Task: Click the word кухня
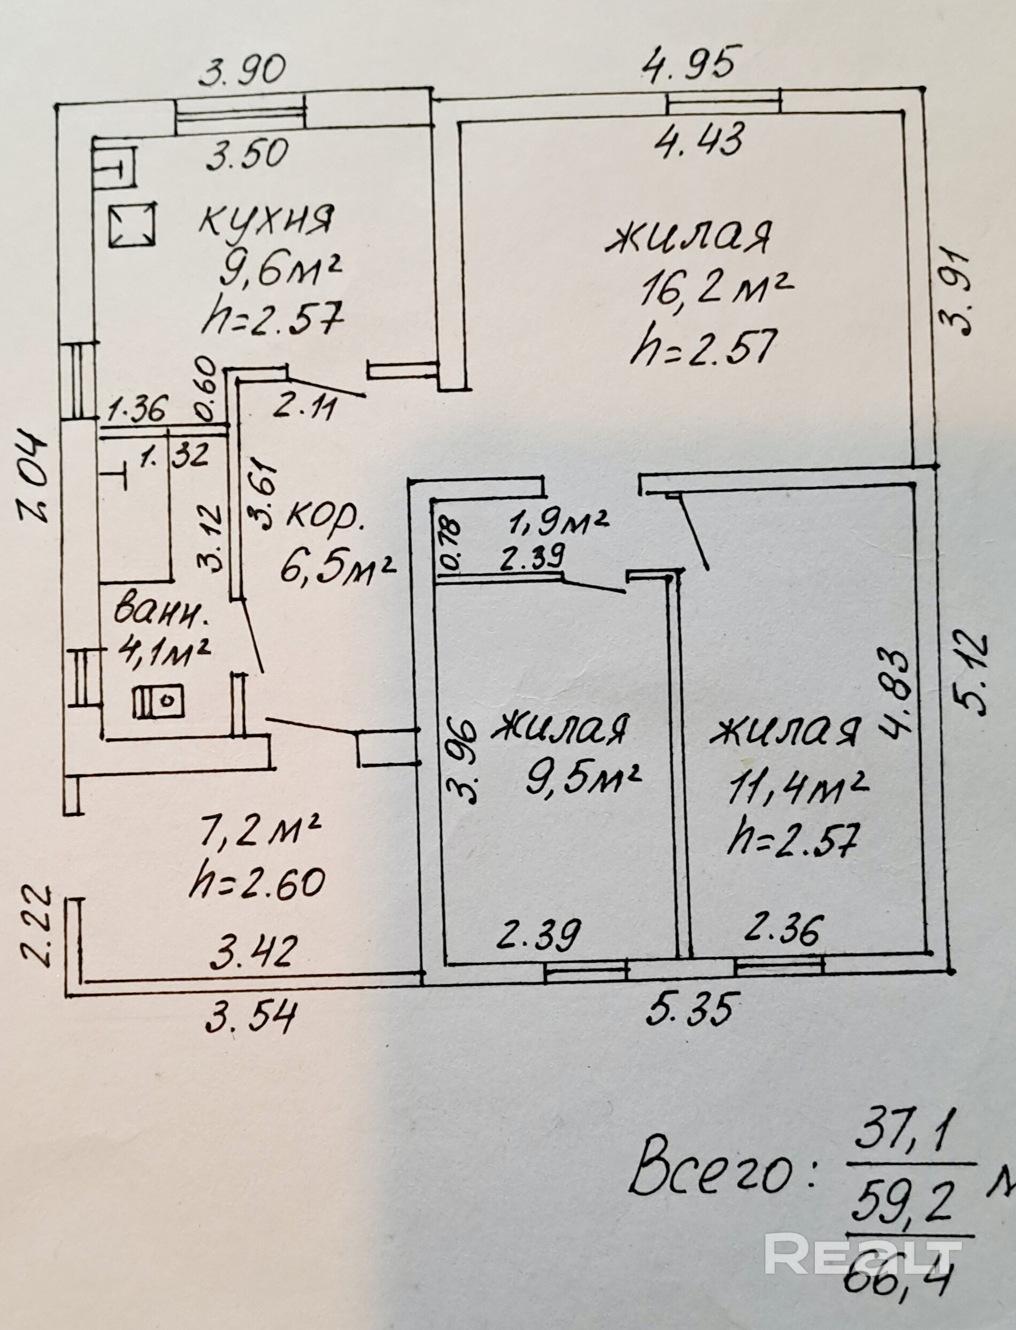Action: pos(267,221)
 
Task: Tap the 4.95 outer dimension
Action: pos(691,63)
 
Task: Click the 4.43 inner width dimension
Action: pos(701,140)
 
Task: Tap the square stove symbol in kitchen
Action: pos(133,223)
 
